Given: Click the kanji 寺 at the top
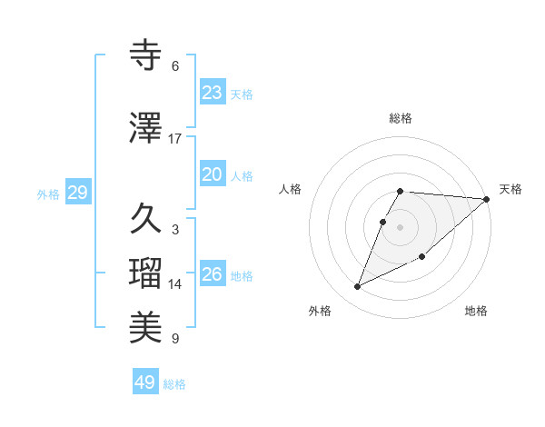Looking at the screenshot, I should (x=145, y=55).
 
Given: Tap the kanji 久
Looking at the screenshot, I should (x=145, y=219).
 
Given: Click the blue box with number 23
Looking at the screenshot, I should (x=212, y=93).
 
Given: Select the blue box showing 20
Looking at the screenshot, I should (x=212, y=174).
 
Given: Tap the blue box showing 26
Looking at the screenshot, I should (x=212, y=274).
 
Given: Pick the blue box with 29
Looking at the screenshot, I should (x=77, y=193).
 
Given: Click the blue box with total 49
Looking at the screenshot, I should (x=145, y=382).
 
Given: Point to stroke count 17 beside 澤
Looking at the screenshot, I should (x=175, y=138).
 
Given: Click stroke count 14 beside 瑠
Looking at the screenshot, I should (x=175, y=284).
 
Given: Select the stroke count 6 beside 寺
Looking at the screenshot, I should (x=175, y=65).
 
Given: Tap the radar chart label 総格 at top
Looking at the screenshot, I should (x=401, y=118).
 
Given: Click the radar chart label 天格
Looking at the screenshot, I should (x=510, y=189).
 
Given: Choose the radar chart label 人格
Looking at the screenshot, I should (x=291, y=189).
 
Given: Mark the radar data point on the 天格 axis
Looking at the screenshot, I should (x=487, y=199).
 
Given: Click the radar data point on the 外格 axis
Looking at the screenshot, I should (x=358, y=286).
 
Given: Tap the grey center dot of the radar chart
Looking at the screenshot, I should (x=401, y=226).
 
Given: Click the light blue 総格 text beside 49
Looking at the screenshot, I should (x=174, y=384).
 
